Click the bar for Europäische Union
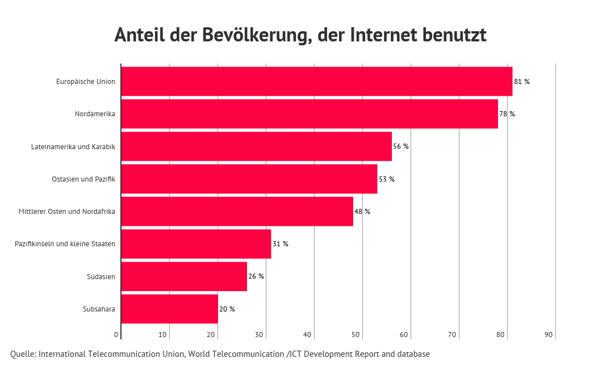(316, 81)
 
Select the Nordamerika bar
(310, 113)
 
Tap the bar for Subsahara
(169, 309)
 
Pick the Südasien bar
(184, 276)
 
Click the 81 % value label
(521, 82)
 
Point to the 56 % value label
(400, 146)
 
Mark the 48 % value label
(362, 212)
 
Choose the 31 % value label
(280, 244)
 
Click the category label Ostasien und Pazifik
(83, 179)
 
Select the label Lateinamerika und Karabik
(73, 147)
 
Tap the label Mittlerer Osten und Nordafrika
(67, 212)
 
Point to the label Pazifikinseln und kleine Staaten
(65, 244)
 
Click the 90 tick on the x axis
(549, 335)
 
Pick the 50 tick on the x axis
(356, 335)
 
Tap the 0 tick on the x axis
(116, 335)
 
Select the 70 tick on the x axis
(452, 335)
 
